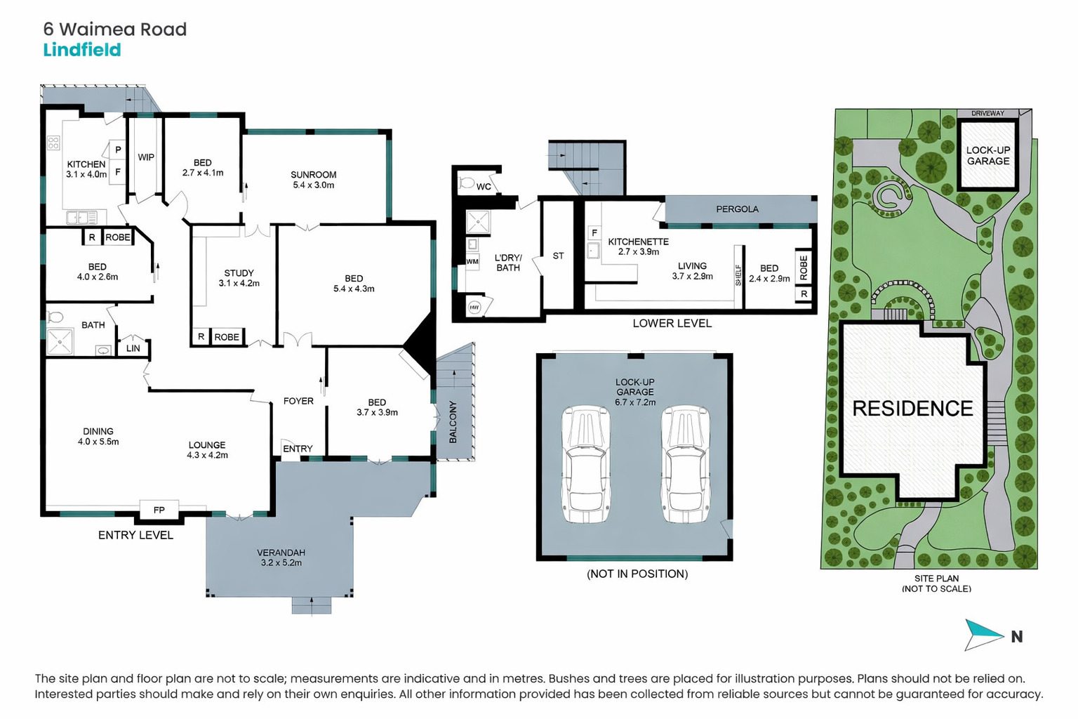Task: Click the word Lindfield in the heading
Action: click(82, 50)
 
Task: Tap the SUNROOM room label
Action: click(313, 174)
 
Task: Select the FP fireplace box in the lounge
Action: click(159, 510)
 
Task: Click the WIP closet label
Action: click(146, 157)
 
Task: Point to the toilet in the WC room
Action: click(465, 183)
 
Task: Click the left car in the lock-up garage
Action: click(586, 464)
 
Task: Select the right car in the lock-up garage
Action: click(685, 464)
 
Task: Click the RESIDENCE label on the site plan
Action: click(912, 409)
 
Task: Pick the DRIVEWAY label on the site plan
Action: click(987, 114)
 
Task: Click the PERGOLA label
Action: click(737, 209)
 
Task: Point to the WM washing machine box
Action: click(472, 261)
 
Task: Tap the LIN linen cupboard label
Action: click(133, 348)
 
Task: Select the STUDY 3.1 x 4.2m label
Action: click(239, 278)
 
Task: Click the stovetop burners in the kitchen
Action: click(53, 143)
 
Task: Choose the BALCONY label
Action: click(453, 423)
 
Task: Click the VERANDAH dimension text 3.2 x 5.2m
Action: click(281, 562)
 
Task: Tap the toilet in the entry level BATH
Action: click(55, 317)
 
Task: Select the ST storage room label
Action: click(558, 256)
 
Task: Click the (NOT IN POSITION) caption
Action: click(637, 574)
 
